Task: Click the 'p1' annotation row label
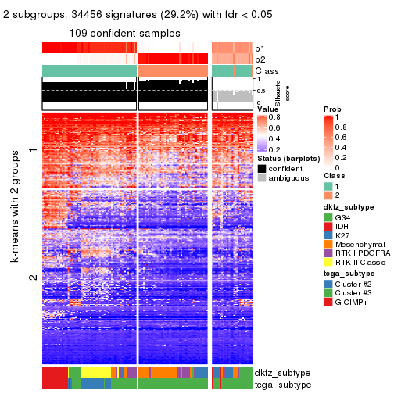260,48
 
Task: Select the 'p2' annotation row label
260,59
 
